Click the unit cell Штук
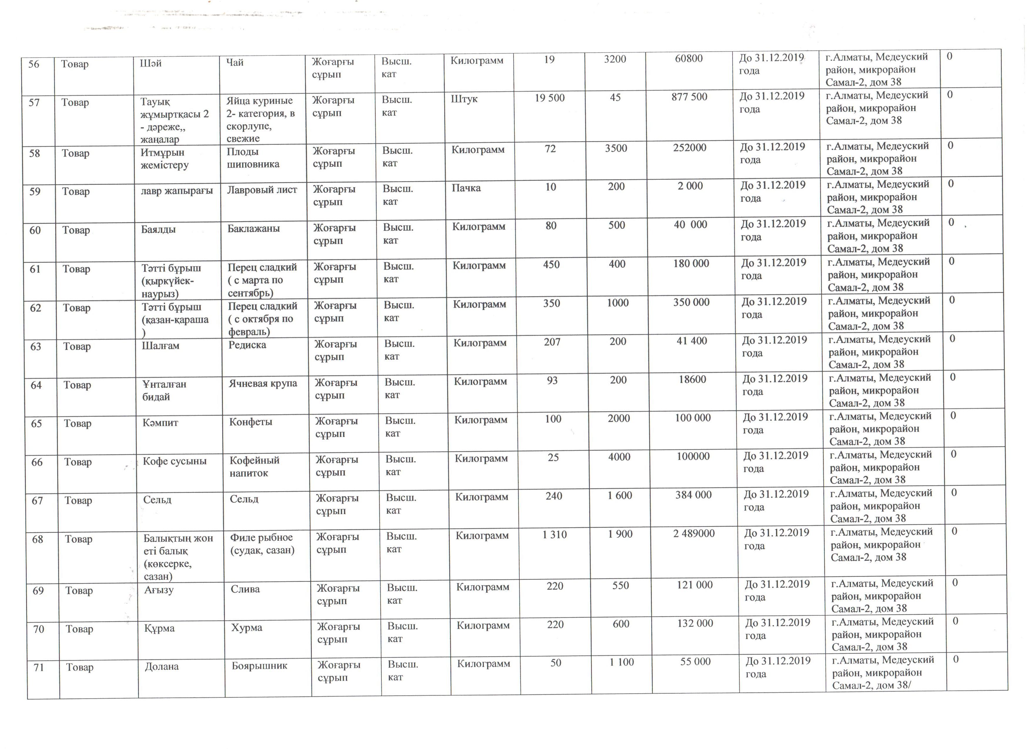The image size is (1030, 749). pos(464,99)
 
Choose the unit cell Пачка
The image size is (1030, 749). pos(466,188)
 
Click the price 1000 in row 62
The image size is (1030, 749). pos(618,303)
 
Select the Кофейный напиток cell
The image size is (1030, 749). pos(254,466)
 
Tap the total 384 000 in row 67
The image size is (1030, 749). pos(693,495)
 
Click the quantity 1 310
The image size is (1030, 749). pos(555,535)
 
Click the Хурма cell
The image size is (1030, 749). pos(247,628)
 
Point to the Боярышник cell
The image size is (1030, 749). pos(259,666)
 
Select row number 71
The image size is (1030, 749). pos(39,668)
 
